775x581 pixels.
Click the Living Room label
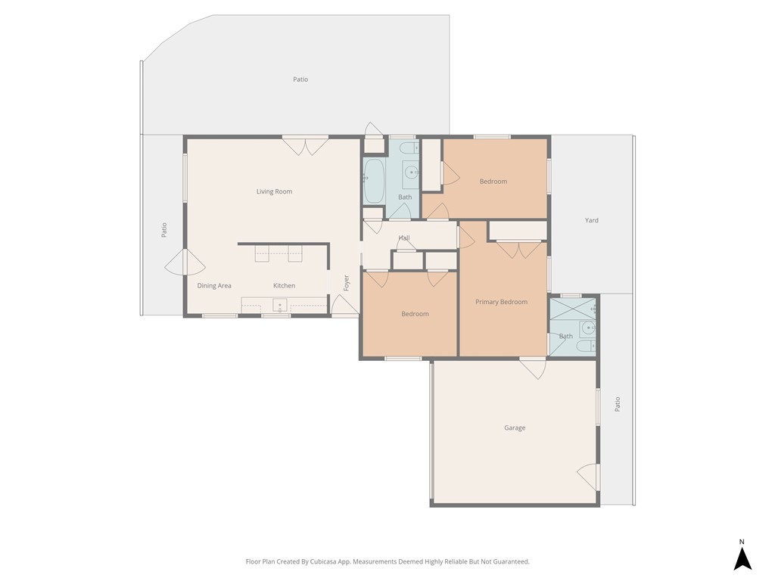(274, 191)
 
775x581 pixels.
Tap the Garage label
(515, 427)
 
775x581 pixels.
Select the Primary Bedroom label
(501, 302)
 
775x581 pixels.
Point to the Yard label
(592, 220)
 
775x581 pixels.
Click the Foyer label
(347, 282)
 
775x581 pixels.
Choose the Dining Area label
(214, 285)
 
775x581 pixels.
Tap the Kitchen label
(284, 285)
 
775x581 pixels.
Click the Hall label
(404, 238)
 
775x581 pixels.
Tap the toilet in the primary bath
(585, 346)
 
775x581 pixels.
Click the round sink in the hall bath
(412, 172)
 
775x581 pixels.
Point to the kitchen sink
(279, 306)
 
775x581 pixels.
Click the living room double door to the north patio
(305, 145)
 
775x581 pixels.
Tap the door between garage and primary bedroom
(533, 368)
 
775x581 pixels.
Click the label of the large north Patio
(300, 79)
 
